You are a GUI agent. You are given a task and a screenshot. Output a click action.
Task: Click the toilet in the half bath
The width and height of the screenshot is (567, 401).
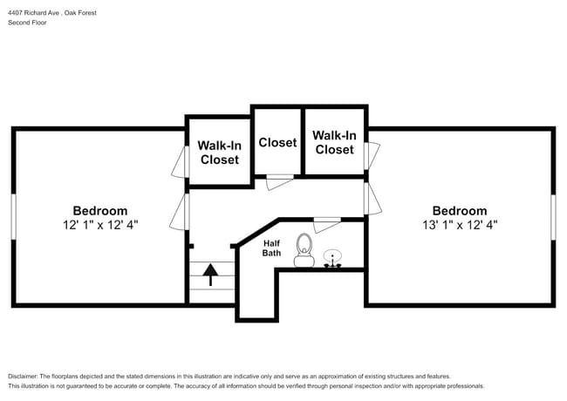click(x=304, y=249)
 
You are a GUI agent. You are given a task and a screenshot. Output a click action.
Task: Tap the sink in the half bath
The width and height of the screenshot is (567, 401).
click(x=332, y=259)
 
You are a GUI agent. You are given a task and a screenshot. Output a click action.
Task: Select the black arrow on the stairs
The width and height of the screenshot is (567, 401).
click(x=210, y=275)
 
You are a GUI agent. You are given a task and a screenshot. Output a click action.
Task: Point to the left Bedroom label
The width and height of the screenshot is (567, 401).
click(x=99, y=210)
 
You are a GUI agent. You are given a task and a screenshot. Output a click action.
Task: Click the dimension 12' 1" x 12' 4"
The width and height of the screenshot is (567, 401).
click(x=99, y=224)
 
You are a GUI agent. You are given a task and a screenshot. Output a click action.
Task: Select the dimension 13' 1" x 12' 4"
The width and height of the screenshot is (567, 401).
click(x=460, y=224)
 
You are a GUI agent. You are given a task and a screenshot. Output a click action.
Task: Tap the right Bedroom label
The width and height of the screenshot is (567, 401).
click(x=460, y=210)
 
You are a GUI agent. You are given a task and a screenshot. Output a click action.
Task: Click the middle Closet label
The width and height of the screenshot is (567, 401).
click(x=277, y=142)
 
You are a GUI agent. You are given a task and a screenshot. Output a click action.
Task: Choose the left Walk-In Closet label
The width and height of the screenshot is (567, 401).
click(x=219, y=153)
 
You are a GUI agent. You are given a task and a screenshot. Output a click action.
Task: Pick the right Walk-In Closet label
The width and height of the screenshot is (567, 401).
click(x=334, y=142)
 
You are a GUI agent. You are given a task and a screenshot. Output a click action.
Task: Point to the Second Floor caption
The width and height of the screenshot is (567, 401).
click(x=28, y=23)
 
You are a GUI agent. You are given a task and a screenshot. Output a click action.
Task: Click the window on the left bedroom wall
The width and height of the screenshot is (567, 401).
click(x=13, y=218)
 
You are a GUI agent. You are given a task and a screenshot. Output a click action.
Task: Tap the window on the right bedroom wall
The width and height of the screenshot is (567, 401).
click(x=553, y=218)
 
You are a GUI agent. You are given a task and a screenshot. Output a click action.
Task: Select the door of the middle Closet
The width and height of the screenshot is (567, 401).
click(x=279, y=180)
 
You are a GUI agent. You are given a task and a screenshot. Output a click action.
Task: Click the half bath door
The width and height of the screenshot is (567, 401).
click(x=327, y=221)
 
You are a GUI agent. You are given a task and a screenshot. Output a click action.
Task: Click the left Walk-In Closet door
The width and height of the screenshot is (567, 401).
click(x=183, y=160)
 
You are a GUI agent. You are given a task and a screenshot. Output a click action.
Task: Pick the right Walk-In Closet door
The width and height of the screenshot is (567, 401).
click(x=371, y=157)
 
